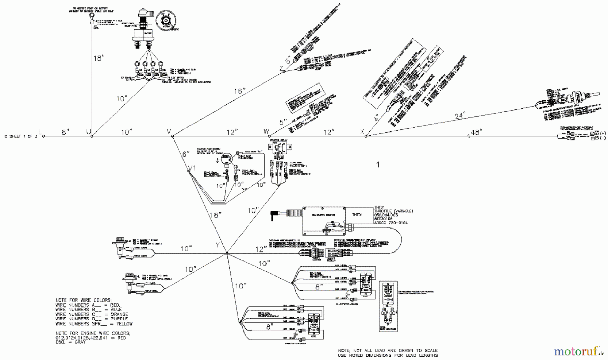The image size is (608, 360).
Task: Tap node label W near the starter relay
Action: (x=266, y=131)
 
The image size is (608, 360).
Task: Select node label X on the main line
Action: (x=363, y=131)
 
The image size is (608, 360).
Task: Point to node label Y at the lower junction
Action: (x=218, y=245)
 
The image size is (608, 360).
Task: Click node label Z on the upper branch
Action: (x=281, y=68)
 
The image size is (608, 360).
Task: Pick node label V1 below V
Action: (x=192, y=168)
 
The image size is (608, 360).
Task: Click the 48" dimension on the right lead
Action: (x=476, y=132)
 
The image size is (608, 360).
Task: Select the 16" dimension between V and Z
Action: (x=239, y=91)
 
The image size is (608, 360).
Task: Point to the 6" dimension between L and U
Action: (x=66, y=132)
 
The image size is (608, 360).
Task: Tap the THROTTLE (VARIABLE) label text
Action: (x=394, y=211)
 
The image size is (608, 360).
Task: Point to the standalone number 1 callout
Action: (x=378, y=165)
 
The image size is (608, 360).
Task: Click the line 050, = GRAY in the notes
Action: (x=71, y=342)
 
